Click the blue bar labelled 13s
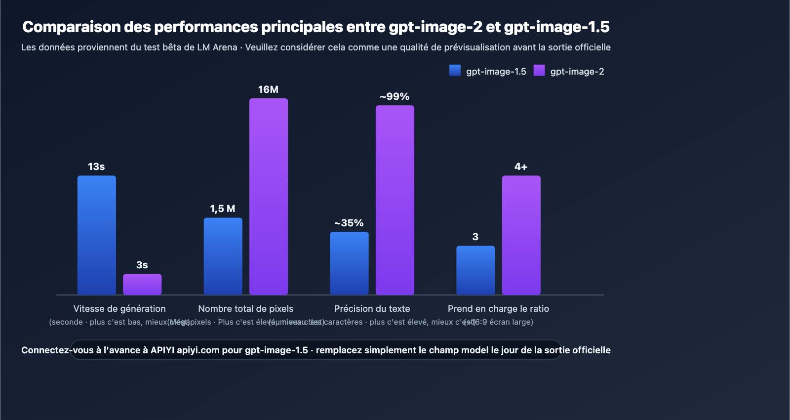(x=97, y=235)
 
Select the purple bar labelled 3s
(x=142, y=284)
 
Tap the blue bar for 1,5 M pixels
(x=223, y=256)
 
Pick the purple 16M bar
(x=269, y=197)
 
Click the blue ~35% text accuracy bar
(x=349, y=263)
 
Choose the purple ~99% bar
(x=395, y=200)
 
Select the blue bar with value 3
(x=475, y=270)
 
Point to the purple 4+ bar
(x=521, y=235)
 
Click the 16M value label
(x=268, y=89)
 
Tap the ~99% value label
(x=395, y=96)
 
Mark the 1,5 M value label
(x=223, y=209)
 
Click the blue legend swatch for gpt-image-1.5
(x=455, y=71)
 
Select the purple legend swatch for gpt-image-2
(x=539, y=71)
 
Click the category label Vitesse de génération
(x=119, y=308)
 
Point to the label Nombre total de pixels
(x=246, y=308)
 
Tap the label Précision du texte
(x=372, y=308)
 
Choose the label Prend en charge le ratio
(x=498, y=308)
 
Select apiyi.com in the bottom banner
(x=198, y=350)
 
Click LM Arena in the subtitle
(x=217, y=47)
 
